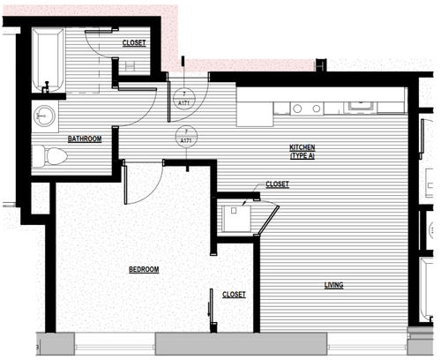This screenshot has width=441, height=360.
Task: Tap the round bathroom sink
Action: [43, 115]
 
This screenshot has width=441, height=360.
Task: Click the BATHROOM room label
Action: [85, 139]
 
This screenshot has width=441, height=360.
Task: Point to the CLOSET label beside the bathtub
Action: [134, 42]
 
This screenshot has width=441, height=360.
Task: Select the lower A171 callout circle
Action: [185, 135]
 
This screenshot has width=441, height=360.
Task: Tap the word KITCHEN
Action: [303, 147]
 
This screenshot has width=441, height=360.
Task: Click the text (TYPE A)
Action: [303, 156]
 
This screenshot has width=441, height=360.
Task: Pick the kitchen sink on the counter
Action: [362, 108]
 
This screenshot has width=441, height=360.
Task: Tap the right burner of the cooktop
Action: [314, 109]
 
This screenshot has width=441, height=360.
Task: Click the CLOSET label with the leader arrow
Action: [277, 184]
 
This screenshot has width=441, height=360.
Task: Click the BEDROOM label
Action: [144, 269]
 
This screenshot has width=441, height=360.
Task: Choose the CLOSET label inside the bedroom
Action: [234, 295]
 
